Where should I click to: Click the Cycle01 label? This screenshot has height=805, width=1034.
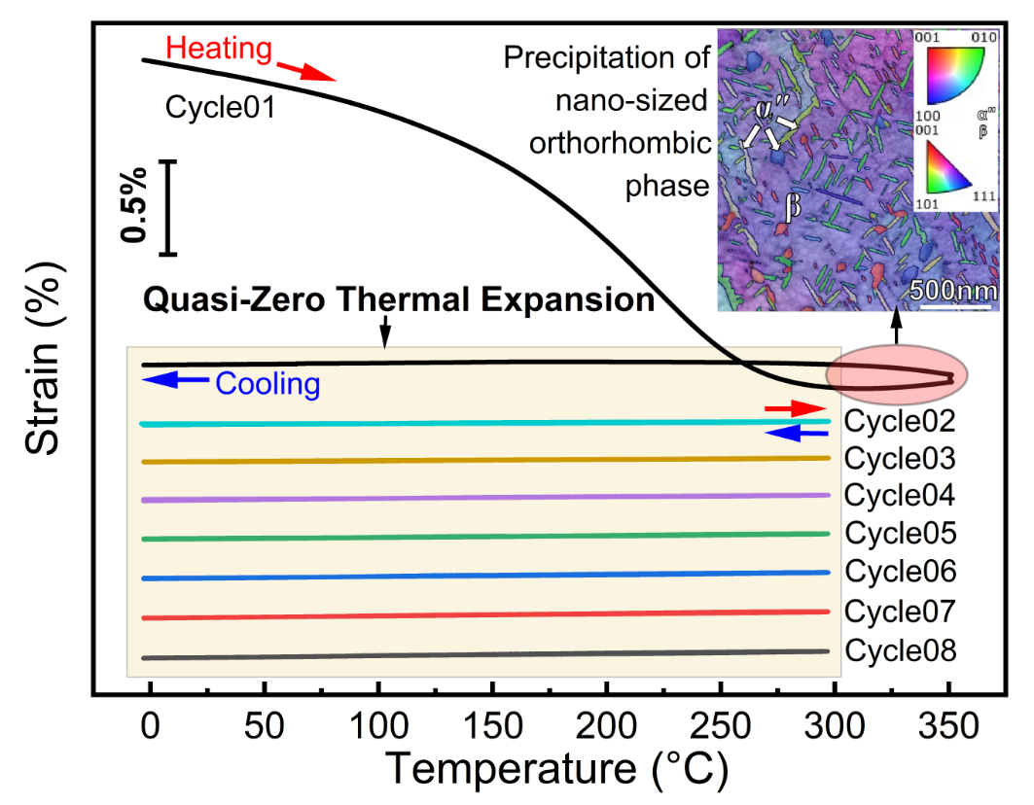[220, 106]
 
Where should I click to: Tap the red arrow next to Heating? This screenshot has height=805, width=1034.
[308, 70]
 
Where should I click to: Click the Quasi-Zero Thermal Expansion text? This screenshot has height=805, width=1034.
[399, 299]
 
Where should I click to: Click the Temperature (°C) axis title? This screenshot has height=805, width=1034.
[558, 769]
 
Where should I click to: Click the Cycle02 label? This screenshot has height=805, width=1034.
[900, 421]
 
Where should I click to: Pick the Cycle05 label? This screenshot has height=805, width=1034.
[901, 534]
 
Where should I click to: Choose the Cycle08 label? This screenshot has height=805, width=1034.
[901, 650]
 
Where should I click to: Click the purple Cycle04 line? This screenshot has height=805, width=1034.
[486, 498]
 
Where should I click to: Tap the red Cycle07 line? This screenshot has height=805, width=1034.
[486, 614]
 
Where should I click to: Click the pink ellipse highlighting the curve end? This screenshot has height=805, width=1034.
[875, 375]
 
